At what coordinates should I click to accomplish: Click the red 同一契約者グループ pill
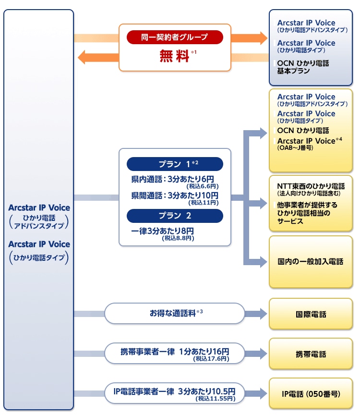click(x=175, y=37)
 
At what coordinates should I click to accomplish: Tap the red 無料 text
click(x=174, y=56)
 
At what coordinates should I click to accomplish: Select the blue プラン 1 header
click(x=175, y=164)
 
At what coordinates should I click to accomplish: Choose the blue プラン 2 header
click(x=175, y=216)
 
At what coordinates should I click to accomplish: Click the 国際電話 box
click(x=311, y=314)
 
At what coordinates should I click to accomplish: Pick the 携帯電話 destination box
click(x=311, y=354)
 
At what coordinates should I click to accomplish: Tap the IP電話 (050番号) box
click(x=311, y=393)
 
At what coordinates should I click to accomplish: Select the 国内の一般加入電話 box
click(x=311, y=262)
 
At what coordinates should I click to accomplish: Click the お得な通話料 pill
click(x=175, y=313)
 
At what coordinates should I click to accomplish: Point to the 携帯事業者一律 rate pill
click(x=175, y=354)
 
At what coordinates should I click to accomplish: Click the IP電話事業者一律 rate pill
click(x=175, y=393)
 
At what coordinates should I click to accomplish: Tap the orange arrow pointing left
click(x=98, y=57)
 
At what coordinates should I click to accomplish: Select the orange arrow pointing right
click(x=249, y=38)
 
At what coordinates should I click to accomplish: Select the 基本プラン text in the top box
click(x=293, y=71)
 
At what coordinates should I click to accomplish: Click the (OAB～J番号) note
click(x=295, y=147)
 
